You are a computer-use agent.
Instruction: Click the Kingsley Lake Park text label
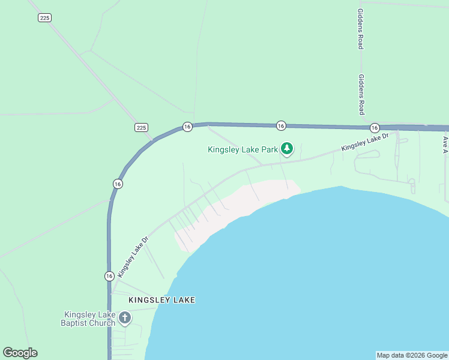243,149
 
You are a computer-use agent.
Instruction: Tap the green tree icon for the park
288,148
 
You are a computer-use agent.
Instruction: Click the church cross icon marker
125,317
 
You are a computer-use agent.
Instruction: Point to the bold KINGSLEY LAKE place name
162,299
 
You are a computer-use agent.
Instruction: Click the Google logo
20,353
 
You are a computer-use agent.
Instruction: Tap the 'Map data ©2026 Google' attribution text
412,355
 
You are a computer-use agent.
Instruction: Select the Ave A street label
445,144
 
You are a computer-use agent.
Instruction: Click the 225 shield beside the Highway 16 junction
141,127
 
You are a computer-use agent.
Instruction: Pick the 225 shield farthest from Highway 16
44,18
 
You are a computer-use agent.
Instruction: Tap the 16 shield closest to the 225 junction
187,127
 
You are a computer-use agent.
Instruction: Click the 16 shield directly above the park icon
281,125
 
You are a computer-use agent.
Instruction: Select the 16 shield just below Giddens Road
375,128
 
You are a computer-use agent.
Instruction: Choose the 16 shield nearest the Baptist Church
109,276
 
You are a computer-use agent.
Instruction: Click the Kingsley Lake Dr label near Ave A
366,142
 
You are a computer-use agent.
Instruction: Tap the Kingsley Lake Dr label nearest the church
133,256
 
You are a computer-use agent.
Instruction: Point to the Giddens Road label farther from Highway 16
360,29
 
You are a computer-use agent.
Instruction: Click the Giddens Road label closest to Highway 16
361,95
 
